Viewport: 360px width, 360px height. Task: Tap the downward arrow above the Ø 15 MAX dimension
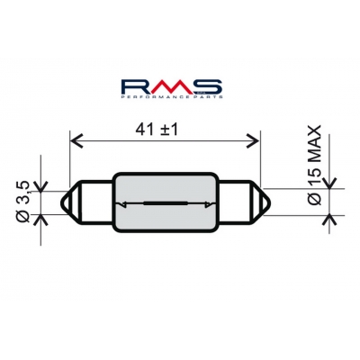pos(325,181)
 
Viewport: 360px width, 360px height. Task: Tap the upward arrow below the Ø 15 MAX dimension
pos(325,224)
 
